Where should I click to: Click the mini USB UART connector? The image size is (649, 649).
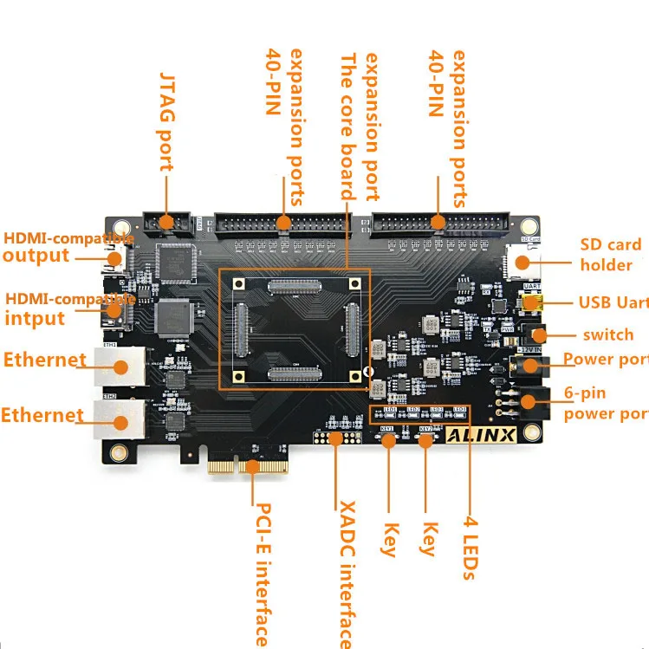point(532,303)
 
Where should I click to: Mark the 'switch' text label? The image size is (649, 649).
point(608,334)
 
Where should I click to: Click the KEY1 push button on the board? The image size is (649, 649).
point(388,439)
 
